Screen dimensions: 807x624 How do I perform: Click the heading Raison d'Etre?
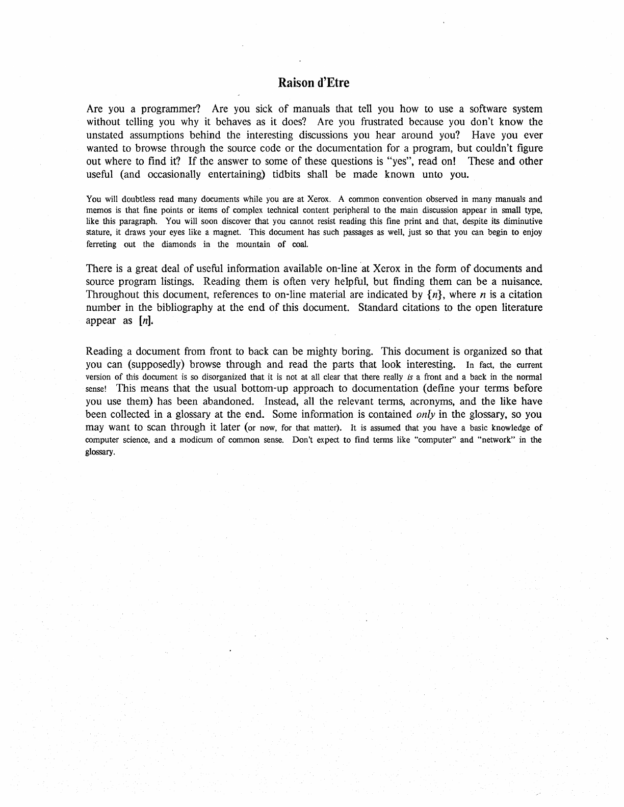pos(314,83)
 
